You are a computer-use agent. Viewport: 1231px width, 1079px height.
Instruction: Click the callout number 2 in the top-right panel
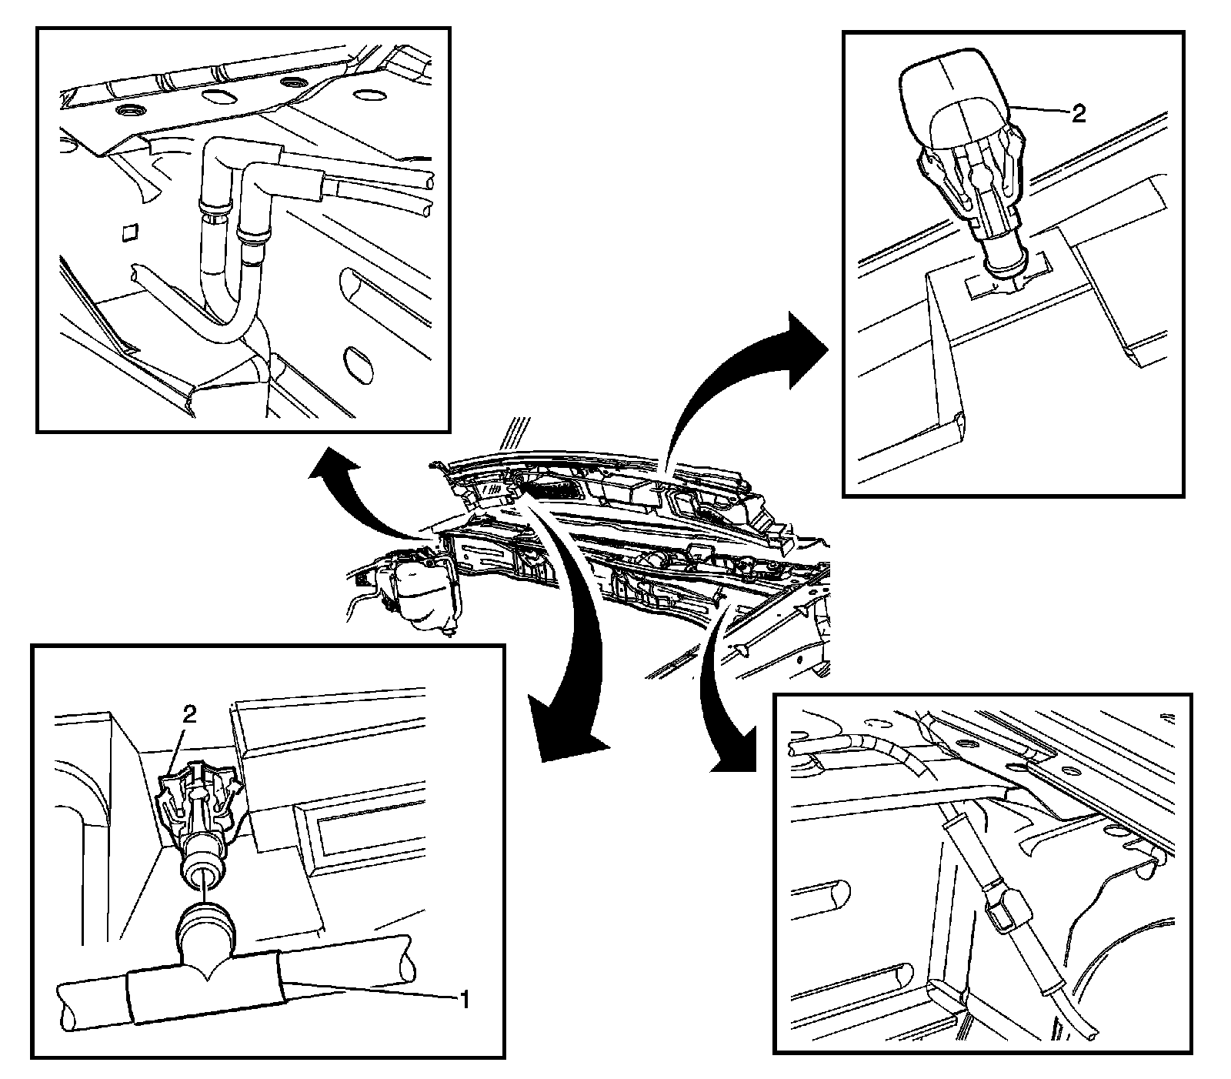[1078, 114]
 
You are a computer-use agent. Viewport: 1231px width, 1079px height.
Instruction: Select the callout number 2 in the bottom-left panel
[190, 714]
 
